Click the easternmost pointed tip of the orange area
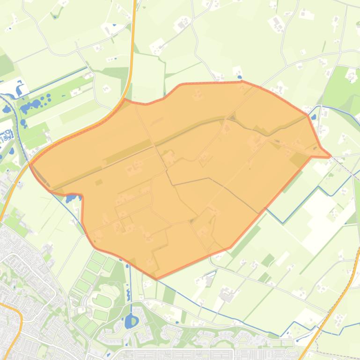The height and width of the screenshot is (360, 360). coord(330,156)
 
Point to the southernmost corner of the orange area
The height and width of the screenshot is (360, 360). coord(157,278)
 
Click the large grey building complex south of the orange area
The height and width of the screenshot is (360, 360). coord(228,295)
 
